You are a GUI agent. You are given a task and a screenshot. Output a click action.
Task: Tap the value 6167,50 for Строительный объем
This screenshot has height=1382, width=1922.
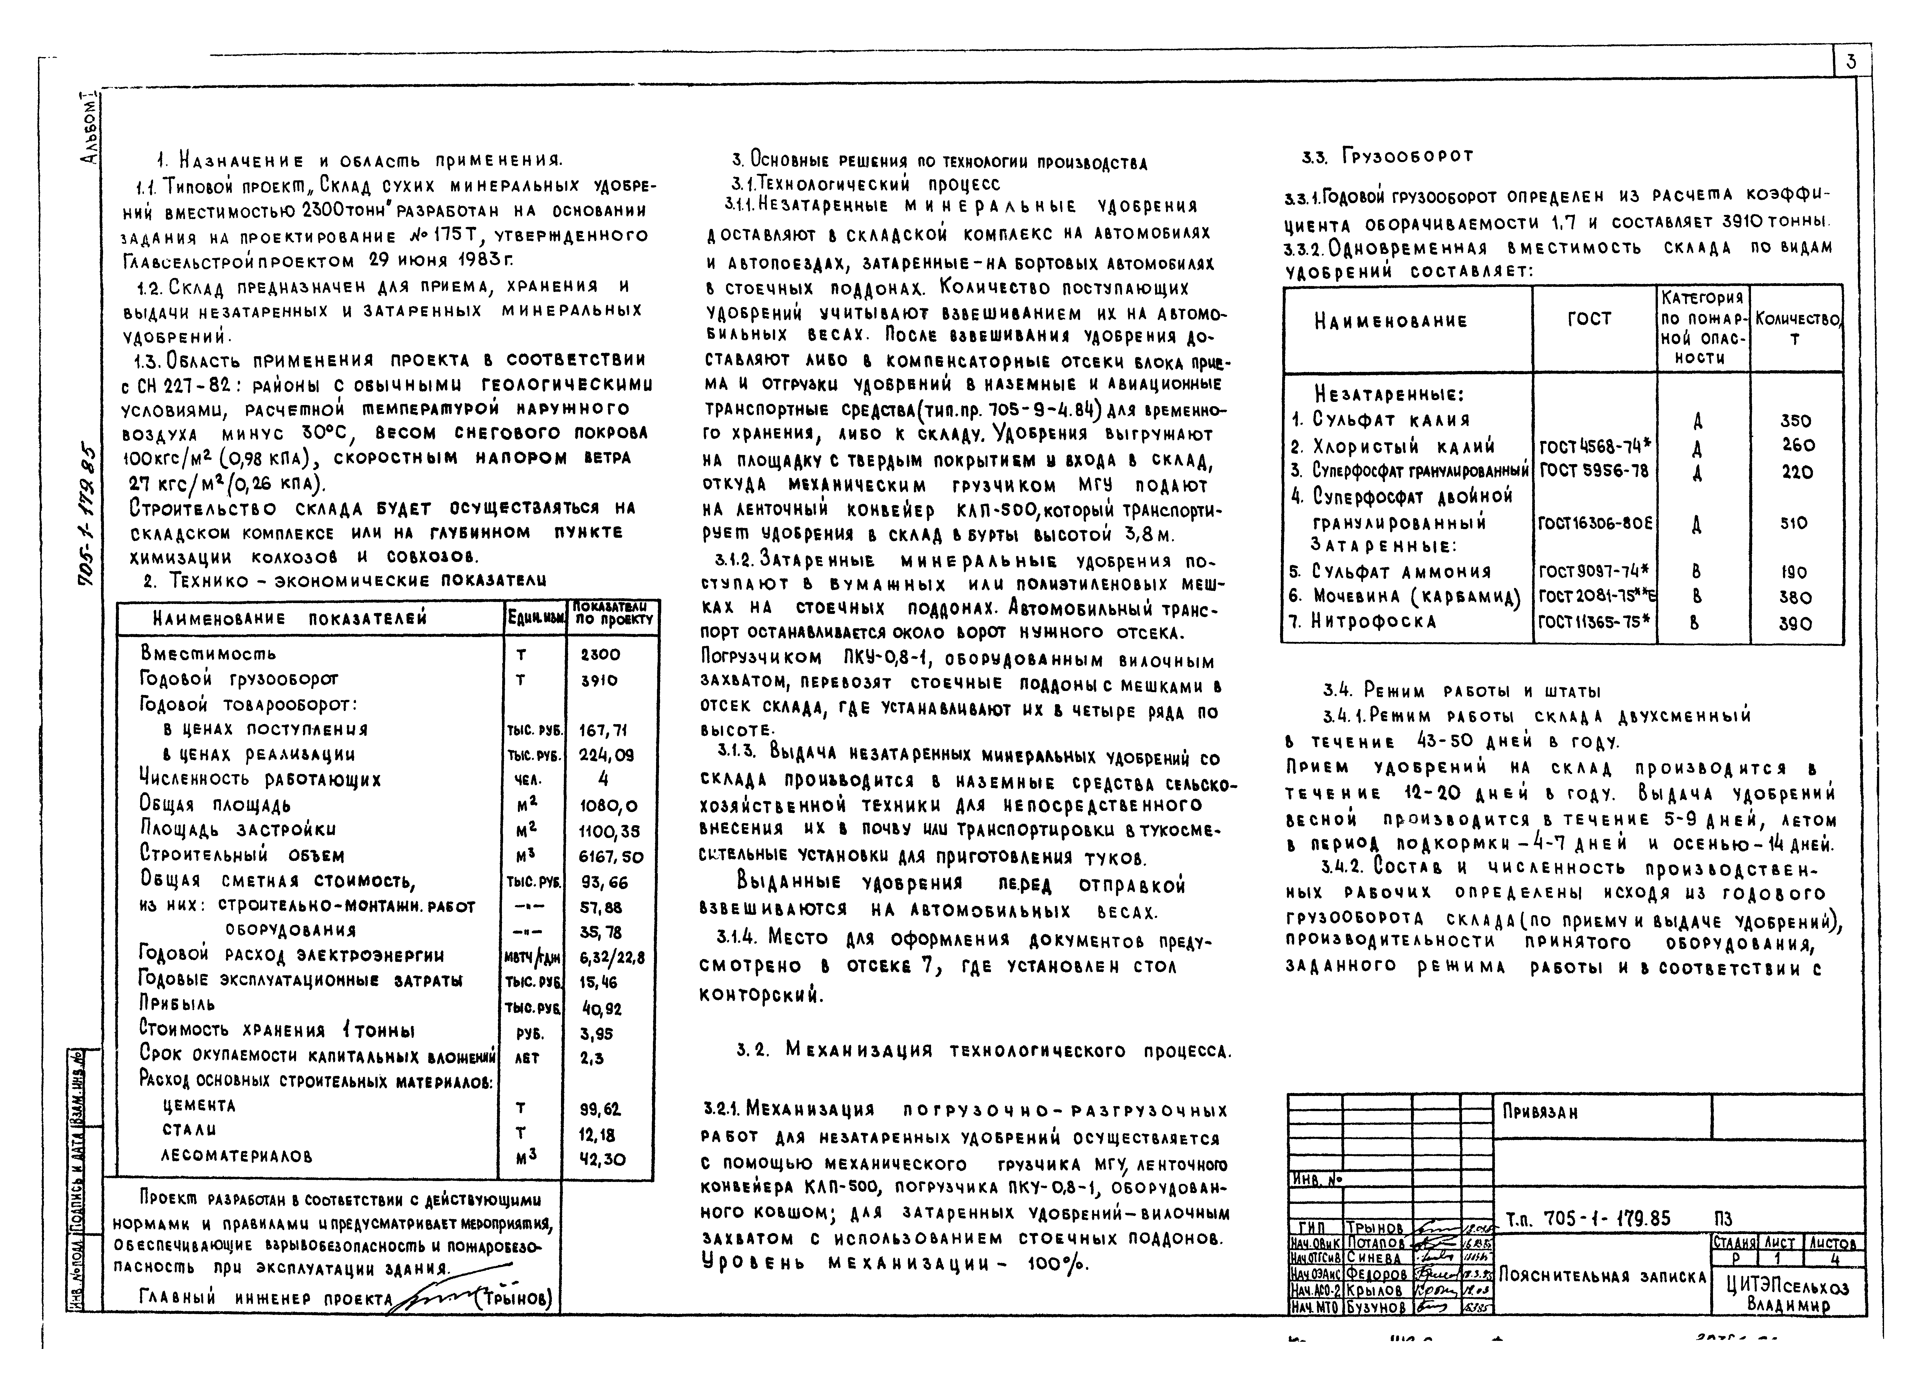tap(610, 857)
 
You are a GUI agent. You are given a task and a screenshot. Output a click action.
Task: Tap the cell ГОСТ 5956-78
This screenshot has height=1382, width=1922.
tap(1593, 470)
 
